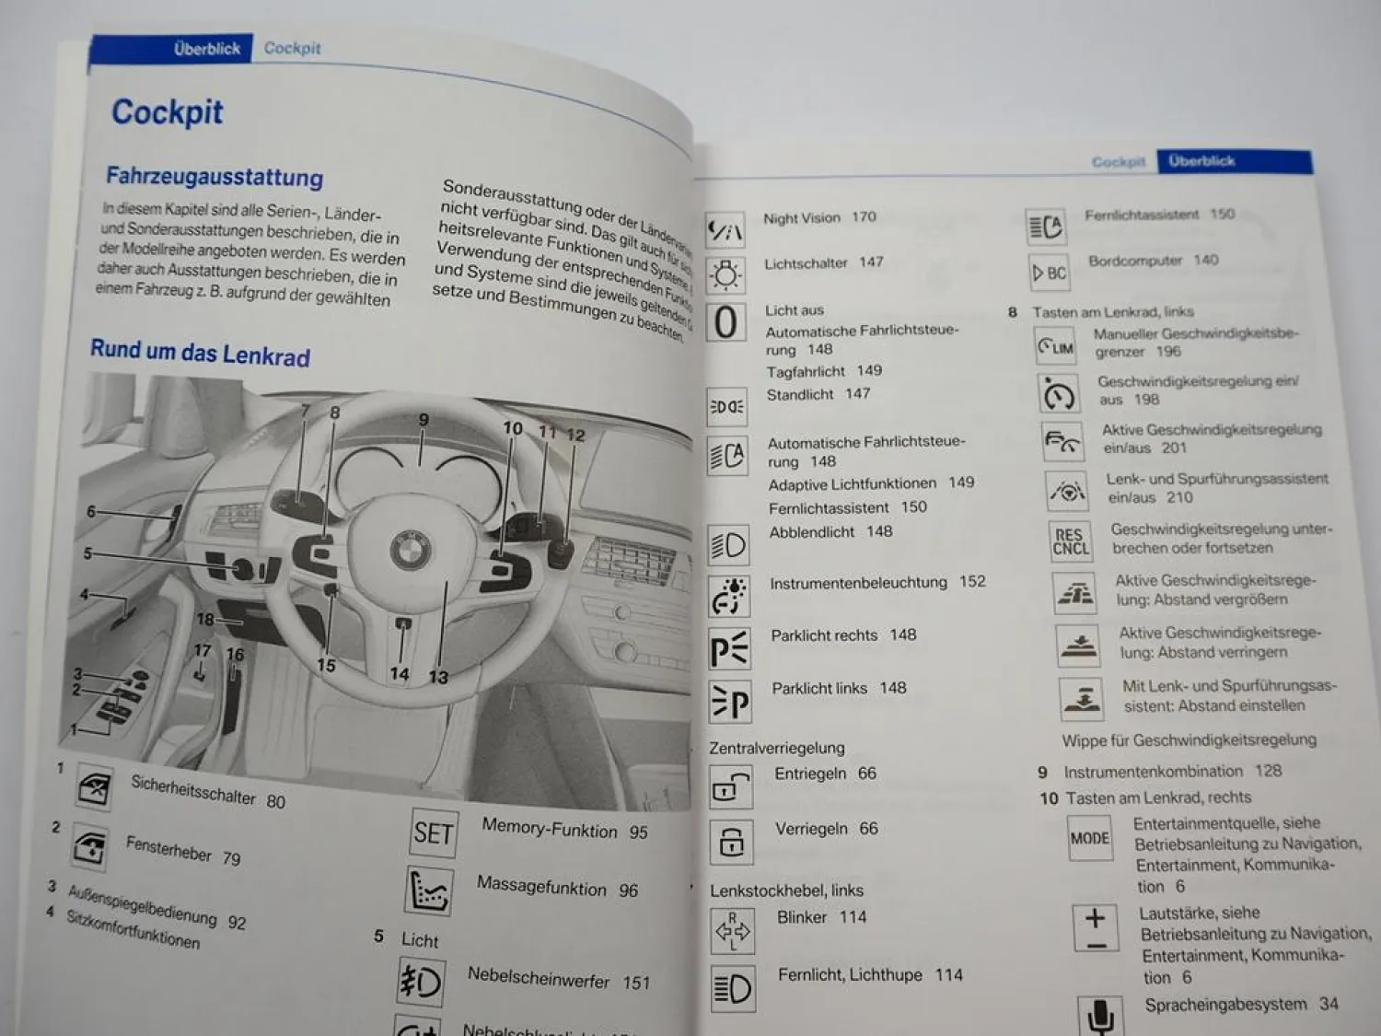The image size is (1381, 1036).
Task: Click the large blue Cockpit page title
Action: (x=167, y=112)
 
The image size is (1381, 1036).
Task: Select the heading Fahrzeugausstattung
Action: (x=214, y=176)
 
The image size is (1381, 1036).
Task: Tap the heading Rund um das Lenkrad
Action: (x=200, y=353)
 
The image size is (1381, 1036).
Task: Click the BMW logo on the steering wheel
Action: (x=411, y=552)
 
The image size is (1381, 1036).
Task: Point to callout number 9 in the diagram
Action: (x=424, y=420)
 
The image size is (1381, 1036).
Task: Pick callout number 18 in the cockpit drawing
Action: (x=204, y=620)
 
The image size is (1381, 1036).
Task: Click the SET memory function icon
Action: (x=433, y=832)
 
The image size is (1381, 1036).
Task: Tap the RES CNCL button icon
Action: (x=1071, y=541)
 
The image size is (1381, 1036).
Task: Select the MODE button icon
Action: (x=1090, y=838)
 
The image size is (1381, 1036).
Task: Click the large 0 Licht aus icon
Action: (x=725, y=322)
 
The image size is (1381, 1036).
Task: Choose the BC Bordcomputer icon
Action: (x=1050, y=273)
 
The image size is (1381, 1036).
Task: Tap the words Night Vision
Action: (x=801, y=218)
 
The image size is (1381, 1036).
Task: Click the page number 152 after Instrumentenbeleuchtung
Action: (x=972, y=581)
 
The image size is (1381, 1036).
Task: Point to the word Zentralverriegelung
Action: (x=776, y=748)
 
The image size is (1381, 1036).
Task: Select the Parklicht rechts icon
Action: (x=729, y=649)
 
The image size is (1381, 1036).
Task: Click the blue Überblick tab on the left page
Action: (x=206, y=49)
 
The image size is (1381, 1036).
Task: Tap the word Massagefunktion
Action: (x=541, y=886)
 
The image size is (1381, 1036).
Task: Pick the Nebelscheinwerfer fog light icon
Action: (x=421, y=983)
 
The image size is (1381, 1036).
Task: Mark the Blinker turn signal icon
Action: (x=732, y=930)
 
